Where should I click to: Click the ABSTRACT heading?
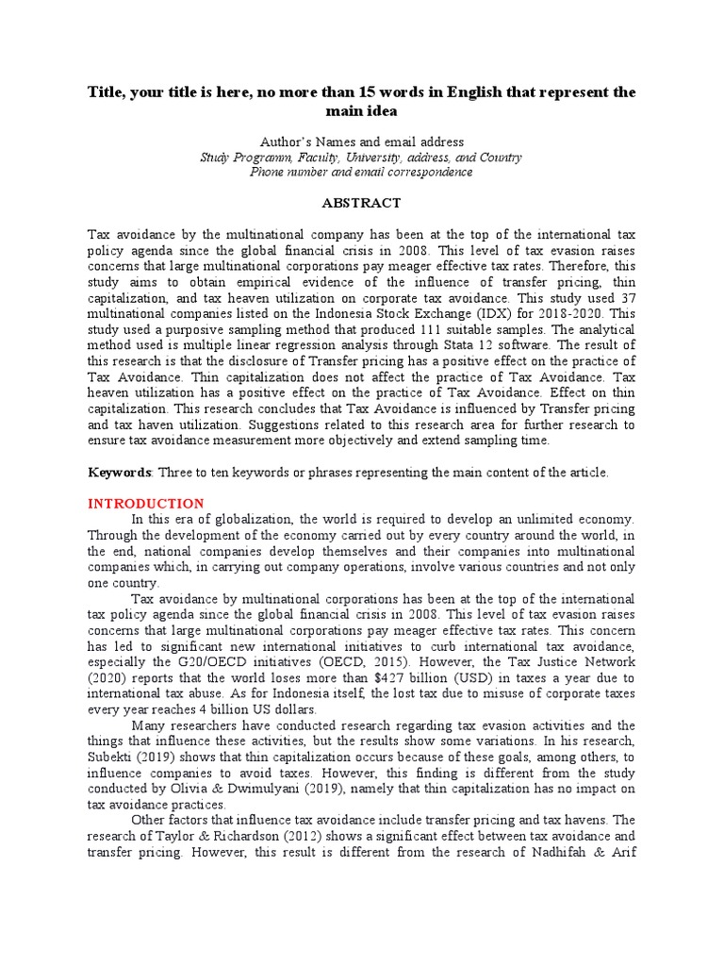point(361,203)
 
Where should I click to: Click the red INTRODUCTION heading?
point(146,504)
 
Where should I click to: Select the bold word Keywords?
point(120,473)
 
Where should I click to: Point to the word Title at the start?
point(107,92)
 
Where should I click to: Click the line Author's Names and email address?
point(361,142)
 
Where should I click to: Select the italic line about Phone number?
point(361,172)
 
